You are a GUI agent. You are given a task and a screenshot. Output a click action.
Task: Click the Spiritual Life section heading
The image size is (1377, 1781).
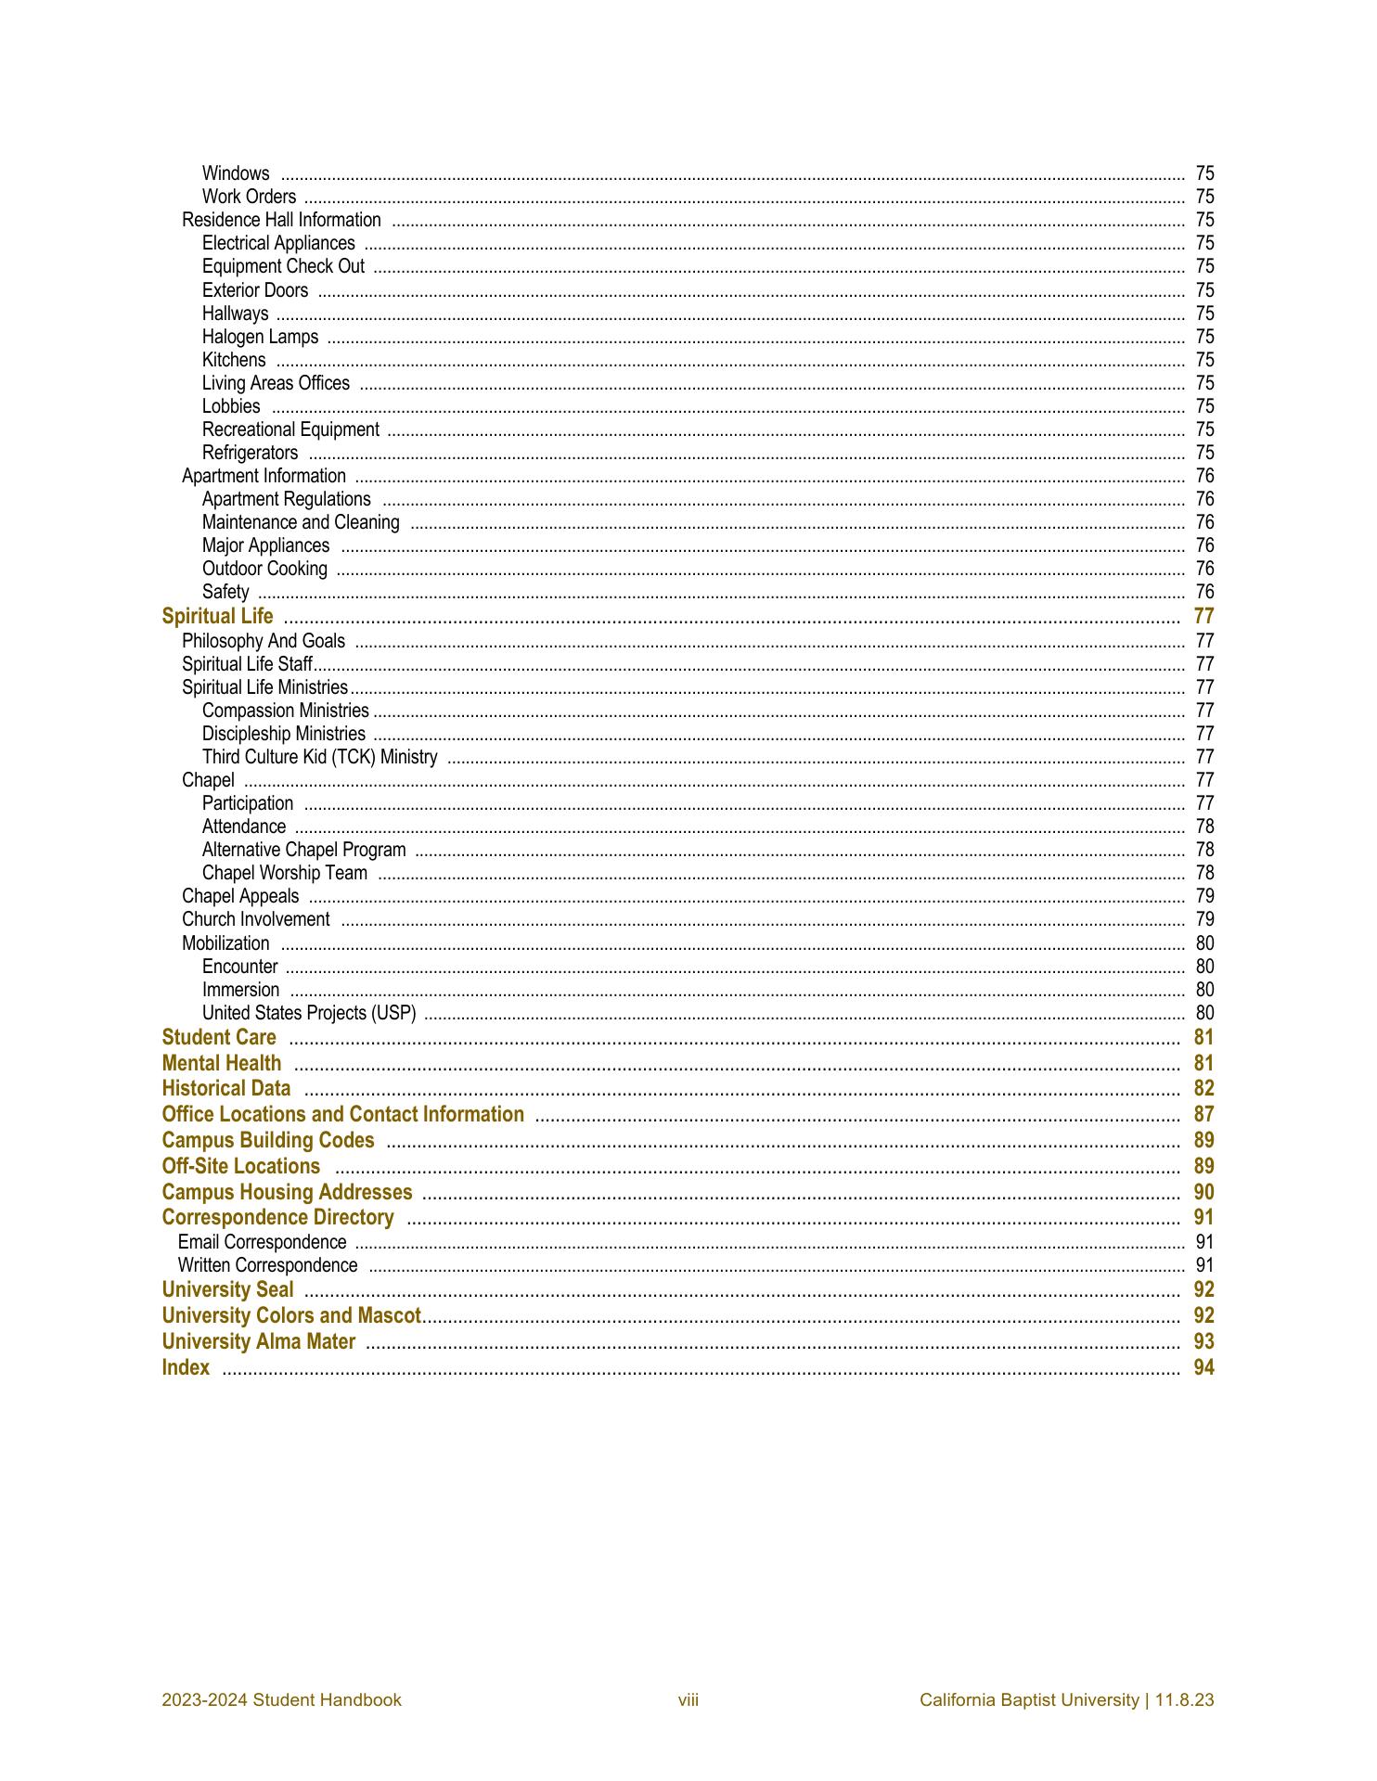coord(218,617)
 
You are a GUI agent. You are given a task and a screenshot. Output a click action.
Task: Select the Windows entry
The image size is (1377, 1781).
coord(236,173)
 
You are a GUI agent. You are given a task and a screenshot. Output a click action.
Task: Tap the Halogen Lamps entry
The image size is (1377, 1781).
coord(260,337)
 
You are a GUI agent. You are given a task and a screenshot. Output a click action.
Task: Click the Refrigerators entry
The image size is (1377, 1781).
coord(250,453)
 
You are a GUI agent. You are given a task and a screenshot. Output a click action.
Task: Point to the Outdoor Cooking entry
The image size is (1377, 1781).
coord(264,569)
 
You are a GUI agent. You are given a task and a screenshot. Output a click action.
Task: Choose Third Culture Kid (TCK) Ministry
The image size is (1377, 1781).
coord(319,757)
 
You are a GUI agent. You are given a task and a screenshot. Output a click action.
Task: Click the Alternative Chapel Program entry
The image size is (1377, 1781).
coord(303,850)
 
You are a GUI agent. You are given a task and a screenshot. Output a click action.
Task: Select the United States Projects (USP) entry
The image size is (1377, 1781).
coord(309,1013)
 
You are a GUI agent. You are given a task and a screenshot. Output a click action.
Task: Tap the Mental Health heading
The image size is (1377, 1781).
coord(221,1063)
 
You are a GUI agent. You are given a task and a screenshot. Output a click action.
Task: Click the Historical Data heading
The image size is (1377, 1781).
coord(225,1089)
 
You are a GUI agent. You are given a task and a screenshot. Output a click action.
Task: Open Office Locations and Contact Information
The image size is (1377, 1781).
coord(342,1115)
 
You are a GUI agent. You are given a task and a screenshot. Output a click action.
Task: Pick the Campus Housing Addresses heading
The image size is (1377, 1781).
coord(287,1192)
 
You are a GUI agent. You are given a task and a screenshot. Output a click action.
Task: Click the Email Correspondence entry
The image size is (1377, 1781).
coord(262,1242)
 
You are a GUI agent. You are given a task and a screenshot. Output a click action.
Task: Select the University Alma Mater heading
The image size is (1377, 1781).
coord(258,1341)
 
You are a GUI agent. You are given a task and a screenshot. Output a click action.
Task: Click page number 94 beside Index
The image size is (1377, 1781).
coord(1203,1367)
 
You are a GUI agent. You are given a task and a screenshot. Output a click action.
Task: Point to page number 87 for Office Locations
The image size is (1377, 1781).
coord(1203,1115)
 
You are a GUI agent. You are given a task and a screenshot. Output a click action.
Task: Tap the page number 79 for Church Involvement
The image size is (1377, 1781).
coord(1204,919)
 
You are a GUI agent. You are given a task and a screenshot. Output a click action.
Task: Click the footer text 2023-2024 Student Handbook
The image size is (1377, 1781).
coord(281,1699)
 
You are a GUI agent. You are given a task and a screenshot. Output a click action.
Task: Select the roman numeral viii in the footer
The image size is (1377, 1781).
coord(688,1699)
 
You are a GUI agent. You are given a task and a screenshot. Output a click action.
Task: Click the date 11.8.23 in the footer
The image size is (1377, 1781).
coord(1185,1699)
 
